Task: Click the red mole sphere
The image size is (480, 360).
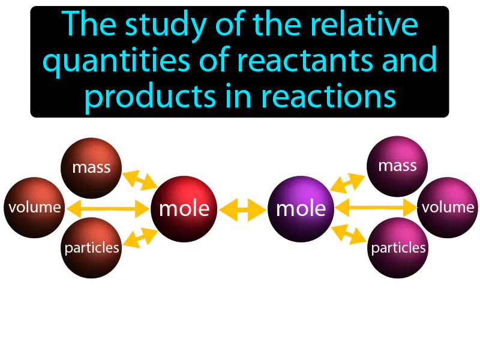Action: [x=184, y=208]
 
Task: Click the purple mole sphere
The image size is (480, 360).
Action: [x=301, y=208]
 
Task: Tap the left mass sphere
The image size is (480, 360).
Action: [x=91, y=167]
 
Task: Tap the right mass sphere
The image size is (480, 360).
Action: [x=397, y=166]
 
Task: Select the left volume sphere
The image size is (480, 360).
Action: [x=34, y=208]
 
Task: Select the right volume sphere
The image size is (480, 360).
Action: [x=448, y=208]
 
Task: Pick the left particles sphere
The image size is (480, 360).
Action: [x=92, y=247]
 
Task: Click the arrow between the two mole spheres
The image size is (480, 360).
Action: [x=243, y=209]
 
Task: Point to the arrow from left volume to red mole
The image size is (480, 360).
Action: [x=108, y=209]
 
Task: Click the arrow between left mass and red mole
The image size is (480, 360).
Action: [x=140, y=179]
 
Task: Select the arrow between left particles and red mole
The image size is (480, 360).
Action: [x=140, y=238]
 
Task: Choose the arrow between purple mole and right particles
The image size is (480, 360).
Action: [x=348, y=235]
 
